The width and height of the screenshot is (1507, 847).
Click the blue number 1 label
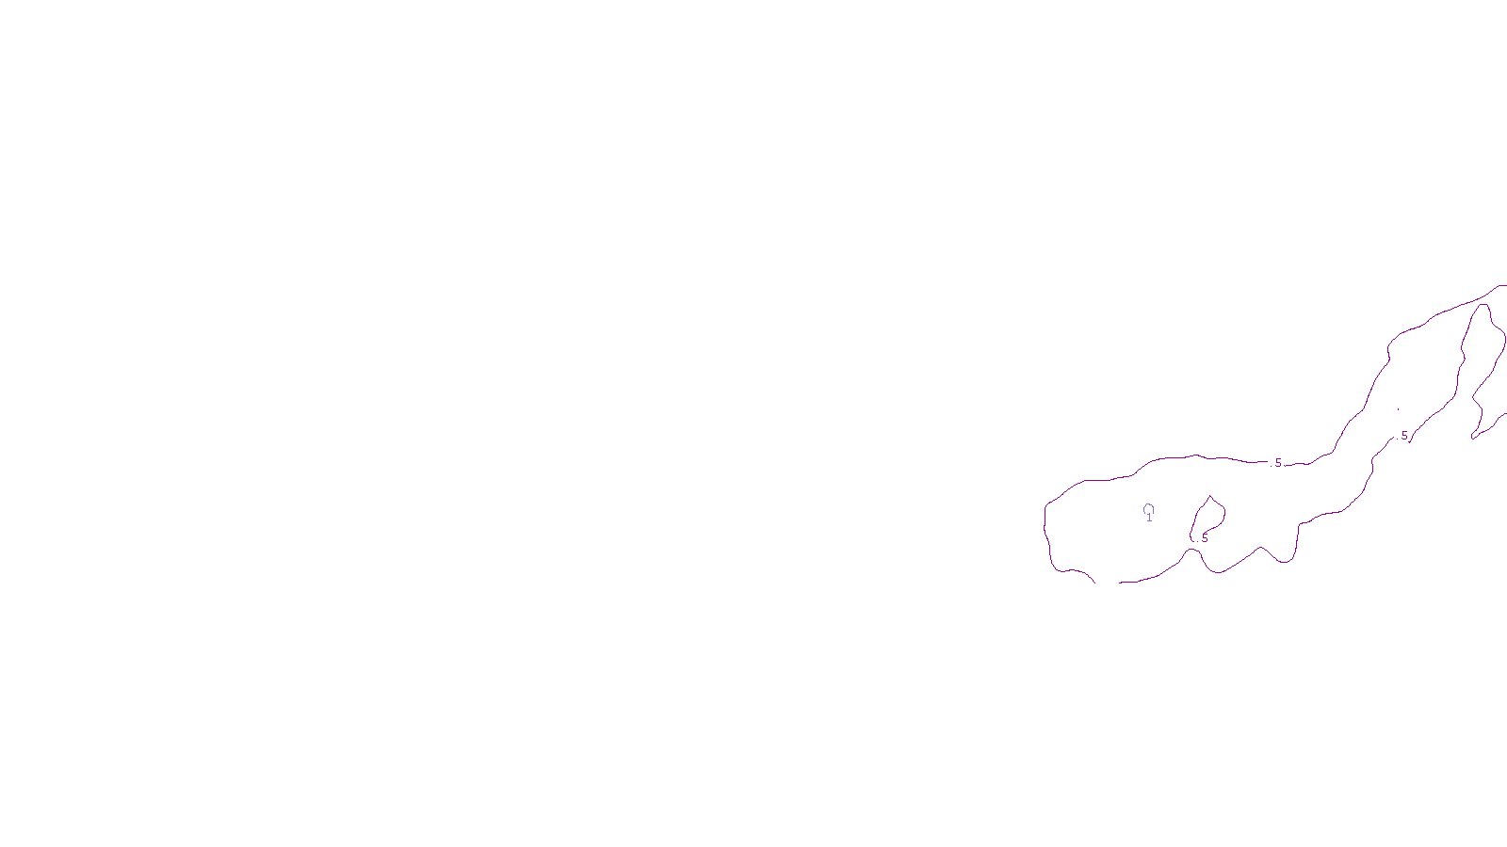click(x=1149, y=519)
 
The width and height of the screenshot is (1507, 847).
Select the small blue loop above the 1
click(x=1148, y=509)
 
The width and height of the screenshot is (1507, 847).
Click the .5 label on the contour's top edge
click(x=1277, y=463)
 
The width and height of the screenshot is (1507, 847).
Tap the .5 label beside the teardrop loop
click(x=1203, y=538)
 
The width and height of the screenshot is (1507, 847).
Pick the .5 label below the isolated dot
click(x=1403, y=436)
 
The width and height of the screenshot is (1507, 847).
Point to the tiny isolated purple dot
click(x=1398, y=409)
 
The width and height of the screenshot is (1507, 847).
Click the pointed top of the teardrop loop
click(x=1210, y=497)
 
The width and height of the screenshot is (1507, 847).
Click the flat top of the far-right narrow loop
click(x=1483, y=305)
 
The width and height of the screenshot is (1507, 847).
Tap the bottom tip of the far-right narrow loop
click(x=1473, y=438)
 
